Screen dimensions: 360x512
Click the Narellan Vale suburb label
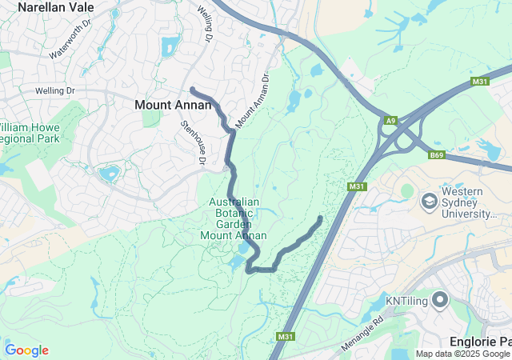tap(55, 7)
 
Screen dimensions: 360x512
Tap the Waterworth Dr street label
tap(71, 46)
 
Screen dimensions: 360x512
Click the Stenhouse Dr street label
tap(194, 142)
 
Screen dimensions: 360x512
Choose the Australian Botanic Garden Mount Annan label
tap(234, 218)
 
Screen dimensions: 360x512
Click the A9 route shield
tap(390, 120)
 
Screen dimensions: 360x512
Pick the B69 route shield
tap(436, 154)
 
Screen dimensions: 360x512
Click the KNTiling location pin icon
tap(440, 301)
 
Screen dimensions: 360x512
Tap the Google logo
tap(26, 350)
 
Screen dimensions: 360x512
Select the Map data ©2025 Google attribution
tap(462, 354)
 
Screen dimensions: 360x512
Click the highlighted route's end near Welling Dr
tap(192, 88)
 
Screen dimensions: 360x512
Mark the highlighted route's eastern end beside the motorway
tap(321, 218)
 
